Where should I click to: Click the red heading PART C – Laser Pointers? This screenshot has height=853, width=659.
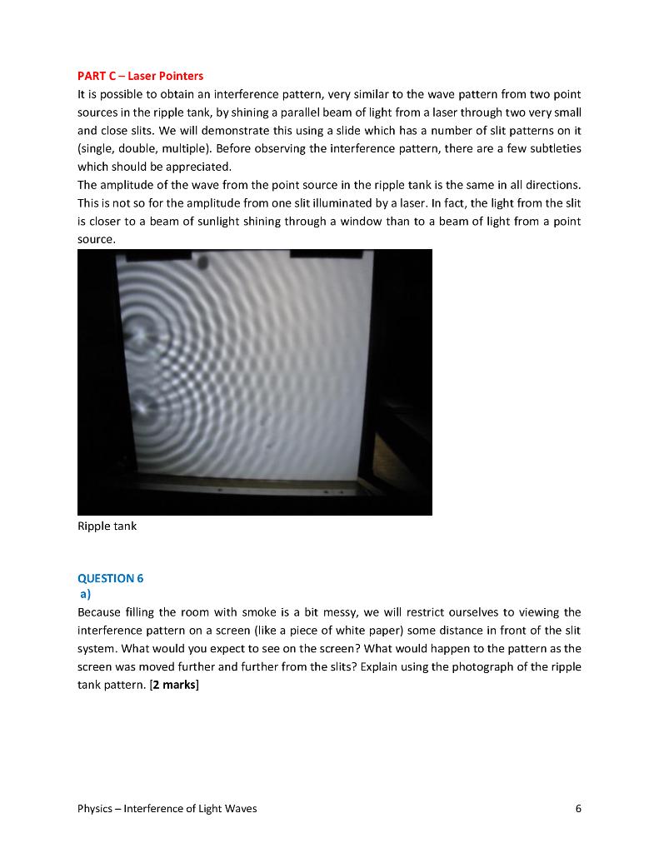[140, 76]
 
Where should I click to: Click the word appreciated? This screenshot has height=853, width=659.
[197, 167]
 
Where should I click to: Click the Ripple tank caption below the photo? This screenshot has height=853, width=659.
[107, 526]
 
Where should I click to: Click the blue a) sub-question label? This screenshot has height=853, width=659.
[85, 595]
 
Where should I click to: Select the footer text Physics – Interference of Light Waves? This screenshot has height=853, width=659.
[167, 809]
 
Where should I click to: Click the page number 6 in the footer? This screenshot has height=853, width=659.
[578, 809]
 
